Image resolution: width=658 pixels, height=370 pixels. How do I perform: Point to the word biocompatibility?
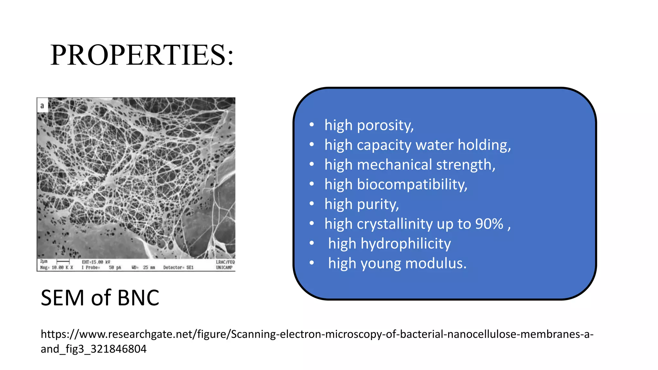(412, 185)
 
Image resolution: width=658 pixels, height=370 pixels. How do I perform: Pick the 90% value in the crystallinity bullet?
(489, 224)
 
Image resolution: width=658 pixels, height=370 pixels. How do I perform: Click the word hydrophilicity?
(405, 244)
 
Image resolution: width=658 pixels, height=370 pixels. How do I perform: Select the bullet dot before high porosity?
(311, 125)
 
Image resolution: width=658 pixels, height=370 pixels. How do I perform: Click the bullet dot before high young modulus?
(311, 263)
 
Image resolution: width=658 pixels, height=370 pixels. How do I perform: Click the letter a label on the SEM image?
(42, 106)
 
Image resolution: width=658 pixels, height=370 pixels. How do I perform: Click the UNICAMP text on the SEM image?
(224, 268)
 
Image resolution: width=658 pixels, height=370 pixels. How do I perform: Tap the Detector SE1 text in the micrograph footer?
(178, 268)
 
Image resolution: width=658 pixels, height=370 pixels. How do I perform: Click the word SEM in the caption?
(63, 298)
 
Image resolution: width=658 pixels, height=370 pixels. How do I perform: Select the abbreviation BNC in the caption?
(138, 298)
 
